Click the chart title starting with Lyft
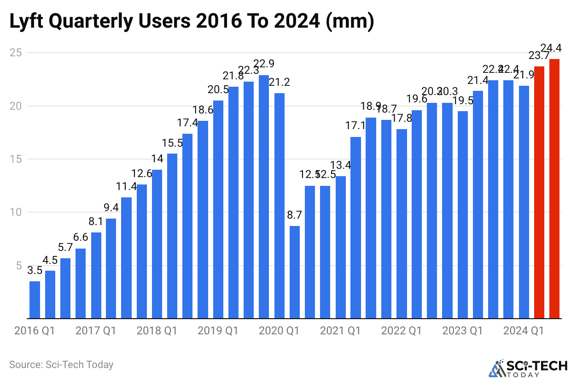click(x=192, y=21)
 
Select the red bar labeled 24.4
click(x=554, y=189)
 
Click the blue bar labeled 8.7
click(x=295, y=272)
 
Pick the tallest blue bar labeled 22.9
click(x=264, y=196)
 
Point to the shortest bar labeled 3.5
click(x=35, y=300)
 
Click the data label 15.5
click(x=172, y=144)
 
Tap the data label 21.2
click(x=279, y=83)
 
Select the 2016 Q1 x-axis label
click(x=34, y=331)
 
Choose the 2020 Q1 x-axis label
click(x=279, y=331)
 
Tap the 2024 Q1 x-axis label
click(x=524, y=331)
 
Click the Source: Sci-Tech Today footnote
click(x=61, y=365)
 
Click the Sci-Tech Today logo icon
click(x=495, y=368)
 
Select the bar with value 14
click(x=157, y=244)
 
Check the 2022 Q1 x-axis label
click(x=402, y=331)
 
